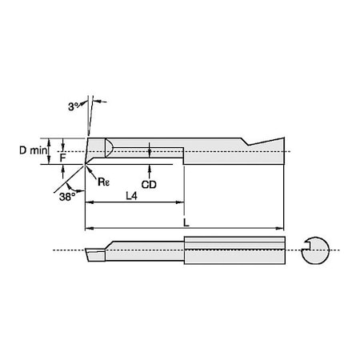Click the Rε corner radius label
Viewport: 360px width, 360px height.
coord(103,181)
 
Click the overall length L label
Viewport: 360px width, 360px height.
coord(186,222)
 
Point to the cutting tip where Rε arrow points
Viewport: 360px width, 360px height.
coord(86,164)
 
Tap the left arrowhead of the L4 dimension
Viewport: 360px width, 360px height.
coord(89,204)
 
